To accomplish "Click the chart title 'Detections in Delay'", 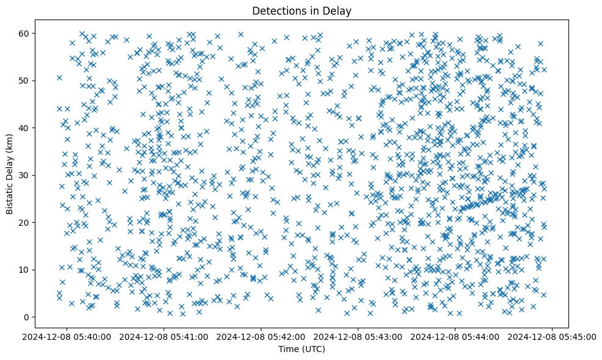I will [301, 10].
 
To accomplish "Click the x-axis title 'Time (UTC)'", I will [301, 349].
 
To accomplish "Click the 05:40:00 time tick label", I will [67, 336].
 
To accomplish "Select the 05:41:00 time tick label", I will [164, 336].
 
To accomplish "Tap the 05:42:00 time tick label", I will [261, 336].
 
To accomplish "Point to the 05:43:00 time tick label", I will [358, 336].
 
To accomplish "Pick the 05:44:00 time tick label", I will [455, 336].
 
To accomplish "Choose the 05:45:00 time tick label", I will [553, 336].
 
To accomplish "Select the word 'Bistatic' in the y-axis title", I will [10, 196].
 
